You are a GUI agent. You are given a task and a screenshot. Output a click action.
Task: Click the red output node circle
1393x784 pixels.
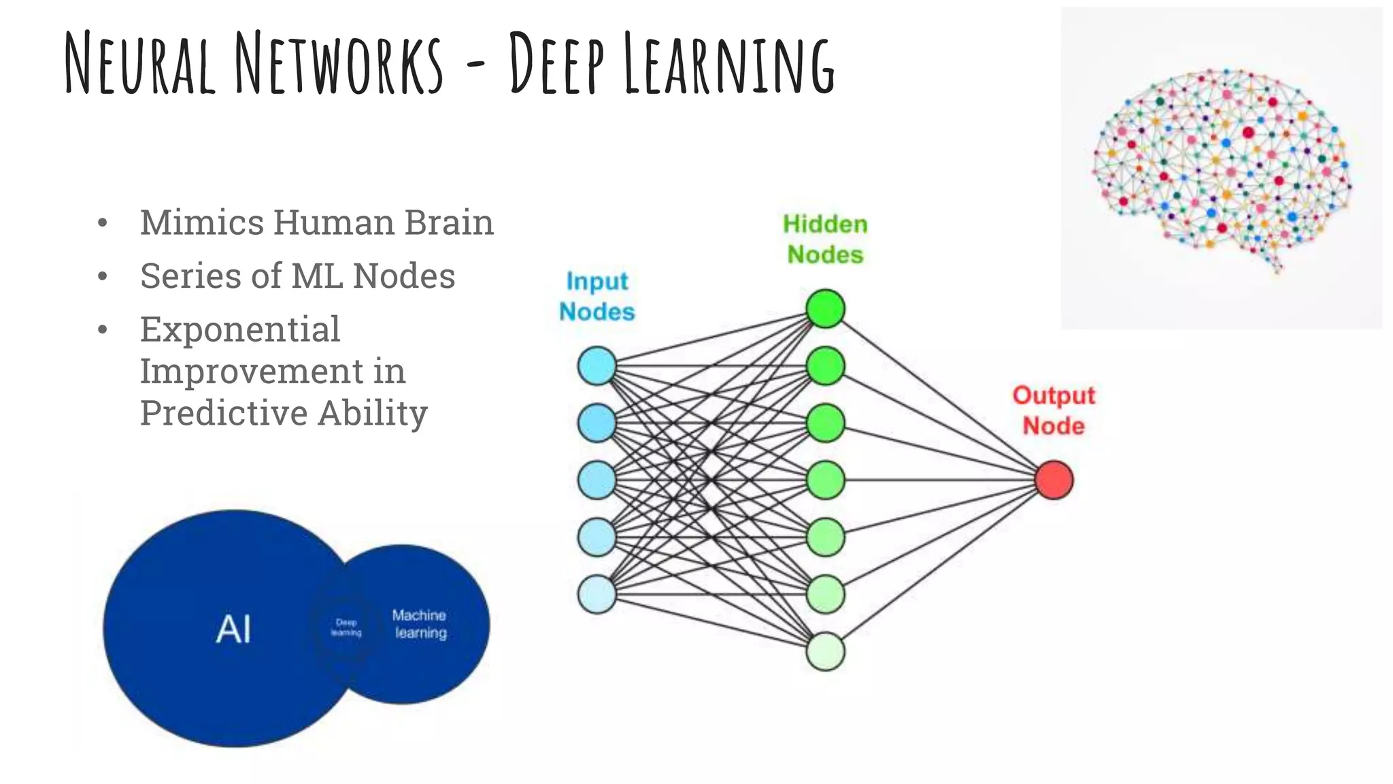pos(1054,480)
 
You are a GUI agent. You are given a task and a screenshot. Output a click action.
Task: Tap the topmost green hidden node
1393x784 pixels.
pos(825,309)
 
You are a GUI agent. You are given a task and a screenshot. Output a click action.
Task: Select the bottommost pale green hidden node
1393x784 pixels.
pos(825,651)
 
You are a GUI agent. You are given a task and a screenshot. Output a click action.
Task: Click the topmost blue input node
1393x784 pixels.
pos(597,366)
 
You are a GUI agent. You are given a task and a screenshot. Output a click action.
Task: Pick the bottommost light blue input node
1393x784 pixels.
pos(597,594)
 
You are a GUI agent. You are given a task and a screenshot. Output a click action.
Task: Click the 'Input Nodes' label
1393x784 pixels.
pos(597,297)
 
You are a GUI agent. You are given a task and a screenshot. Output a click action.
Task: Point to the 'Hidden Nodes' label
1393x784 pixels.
pos(825,239)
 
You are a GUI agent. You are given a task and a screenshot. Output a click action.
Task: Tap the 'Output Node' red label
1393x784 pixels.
pos(1054,410)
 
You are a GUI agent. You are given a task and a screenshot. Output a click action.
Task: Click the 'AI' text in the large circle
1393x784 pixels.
pos(233,629)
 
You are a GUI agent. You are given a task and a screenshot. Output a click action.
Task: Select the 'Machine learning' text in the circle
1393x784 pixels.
pos(420,624)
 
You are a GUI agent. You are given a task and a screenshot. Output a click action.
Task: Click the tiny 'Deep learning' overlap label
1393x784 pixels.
pos(346,627)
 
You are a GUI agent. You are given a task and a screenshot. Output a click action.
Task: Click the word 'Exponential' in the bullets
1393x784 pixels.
pos(240,330)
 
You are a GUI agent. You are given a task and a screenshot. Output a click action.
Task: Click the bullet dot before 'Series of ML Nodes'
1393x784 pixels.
pos(103,276)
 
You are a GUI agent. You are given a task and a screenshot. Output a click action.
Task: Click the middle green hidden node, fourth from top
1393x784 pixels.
pos(825,480)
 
